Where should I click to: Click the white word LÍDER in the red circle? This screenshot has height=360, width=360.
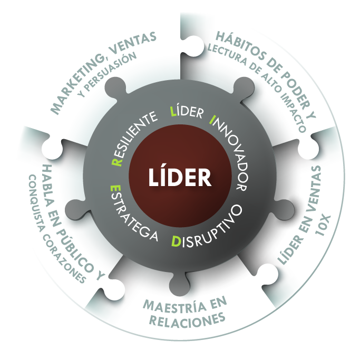[x=180, y=177]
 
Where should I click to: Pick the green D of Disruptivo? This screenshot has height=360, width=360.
[x=176, y=241]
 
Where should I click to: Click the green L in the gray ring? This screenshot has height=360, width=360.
[x=173, y=111]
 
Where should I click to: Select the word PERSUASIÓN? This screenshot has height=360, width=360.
[x=114, y=68]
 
